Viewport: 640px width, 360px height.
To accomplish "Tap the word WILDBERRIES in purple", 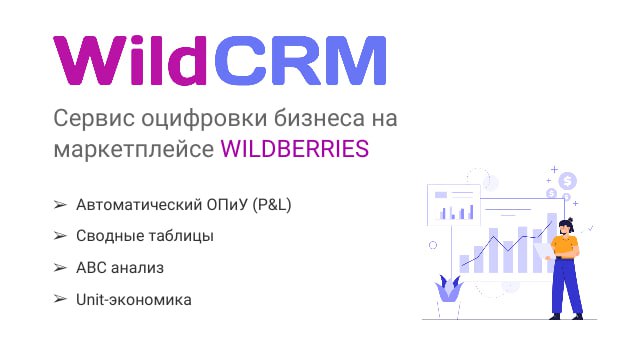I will point(294,148).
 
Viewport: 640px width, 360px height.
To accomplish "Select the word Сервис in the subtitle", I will point(91,118).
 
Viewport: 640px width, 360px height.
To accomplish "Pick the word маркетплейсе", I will point(131,148).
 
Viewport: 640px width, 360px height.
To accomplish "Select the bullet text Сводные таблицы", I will point(145,236).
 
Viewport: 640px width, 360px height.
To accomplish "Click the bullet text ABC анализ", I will point(120,268).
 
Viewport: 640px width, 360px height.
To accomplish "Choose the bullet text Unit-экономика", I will point(134,299).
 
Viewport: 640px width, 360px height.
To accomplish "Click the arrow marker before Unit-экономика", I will point(60,299).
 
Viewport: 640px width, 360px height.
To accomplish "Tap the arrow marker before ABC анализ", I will point(60,268).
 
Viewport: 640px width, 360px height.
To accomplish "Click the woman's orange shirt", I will point(565,246).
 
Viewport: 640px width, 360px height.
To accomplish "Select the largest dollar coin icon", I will point(568,181).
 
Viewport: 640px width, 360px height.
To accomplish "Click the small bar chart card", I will point(455,206).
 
